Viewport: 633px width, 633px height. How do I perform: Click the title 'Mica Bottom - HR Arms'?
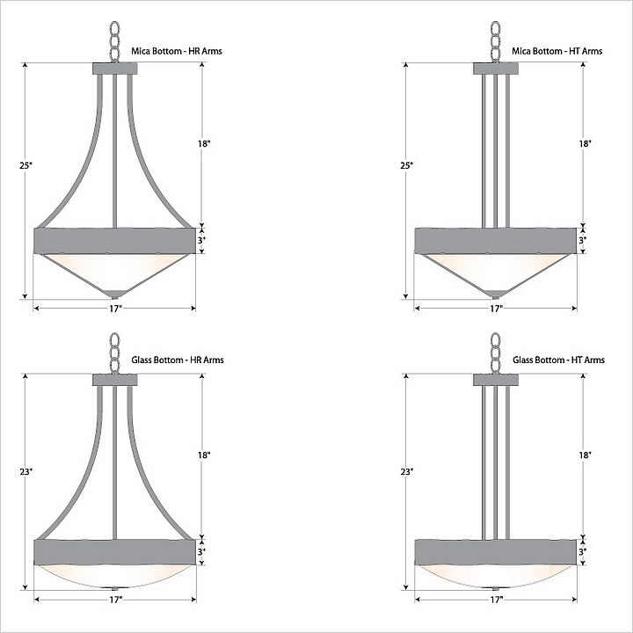(177, 51)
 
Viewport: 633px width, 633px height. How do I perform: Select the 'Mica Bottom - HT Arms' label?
(557, 51)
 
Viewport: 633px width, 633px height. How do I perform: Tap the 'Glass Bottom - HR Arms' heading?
(178, 360)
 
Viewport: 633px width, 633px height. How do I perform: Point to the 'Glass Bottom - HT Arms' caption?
(559, 360)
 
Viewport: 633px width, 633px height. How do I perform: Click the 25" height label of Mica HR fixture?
(25, 165)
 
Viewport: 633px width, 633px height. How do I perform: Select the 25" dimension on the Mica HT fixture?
(407, 165)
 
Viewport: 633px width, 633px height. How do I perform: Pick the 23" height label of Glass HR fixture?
(25, 471)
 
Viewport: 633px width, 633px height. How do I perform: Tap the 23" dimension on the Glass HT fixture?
(407, 471)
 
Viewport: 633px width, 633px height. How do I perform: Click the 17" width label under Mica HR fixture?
(115, 309)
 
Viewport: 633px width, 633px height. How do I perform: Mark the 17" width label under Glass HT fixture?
(496, 600)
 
